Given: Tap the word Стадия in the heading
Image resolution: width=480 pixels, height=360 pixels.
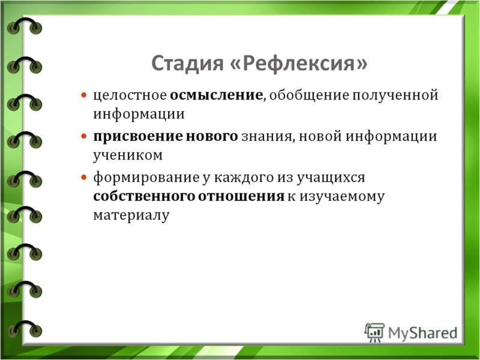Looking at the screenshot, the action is [x=187, y=64].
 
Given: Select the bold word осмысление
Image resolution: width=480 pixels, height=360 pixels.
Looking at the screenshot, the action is [x=216, y=95].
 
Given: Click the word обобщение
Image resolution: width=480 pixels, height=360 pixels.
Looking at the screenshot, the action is [x=309, y=95].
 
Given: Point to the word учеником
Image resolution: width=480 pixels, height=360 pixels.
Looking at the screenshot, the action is [x=128, y=155].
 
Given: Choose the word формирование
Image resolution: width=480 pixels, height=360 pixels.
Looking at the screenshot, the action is [x=146, y=178].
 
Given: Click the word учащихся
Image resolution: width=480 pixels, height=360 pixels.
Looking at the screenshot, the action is [x=331, y=178].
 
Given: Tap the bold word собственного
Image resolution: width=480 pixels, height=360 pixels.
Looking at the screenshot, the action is [x=143, y=196].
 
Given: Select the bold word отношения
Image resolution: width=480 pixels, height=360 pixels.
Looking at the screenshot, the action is [x=241, y=197].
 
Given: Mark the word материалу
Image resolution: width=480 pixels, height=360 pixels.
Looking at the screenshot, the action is [x=131, y=215].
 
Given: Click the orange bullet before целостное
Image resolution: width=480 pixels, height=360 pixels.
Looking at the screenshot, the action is [x=84, y=95].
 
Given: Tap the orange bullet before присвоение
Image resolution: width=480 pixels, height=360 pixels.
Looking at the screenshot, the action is [x=84, y=136].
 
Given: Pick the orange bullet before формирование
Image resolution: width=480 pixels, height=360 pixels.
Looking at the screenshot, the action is [x=84, y=177].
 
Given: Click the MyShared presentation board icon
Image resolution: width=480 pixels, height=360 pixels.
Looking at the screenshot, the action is [x=374, y=332].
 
